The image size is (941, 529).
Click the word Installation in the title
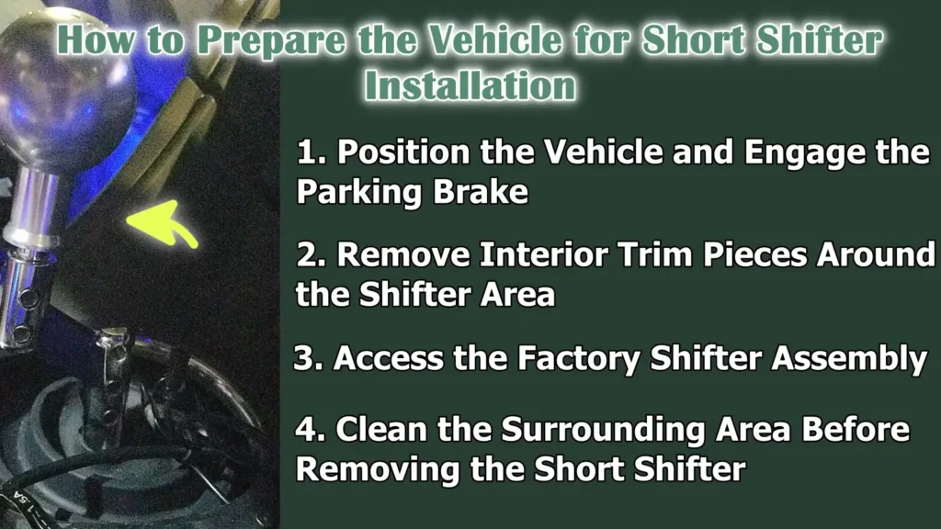pos(470,85)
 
